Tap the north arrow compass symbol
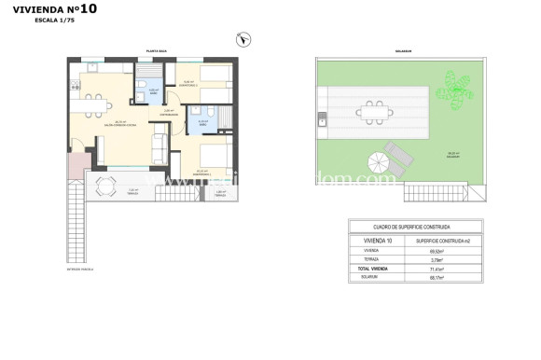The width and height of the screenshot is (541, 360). (x=243, y=39)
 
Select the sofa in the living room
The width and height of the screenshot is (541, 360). (x=160, y=145)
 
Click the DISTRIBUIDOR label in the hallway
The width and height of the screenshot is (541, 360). (x=169, y=113)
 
